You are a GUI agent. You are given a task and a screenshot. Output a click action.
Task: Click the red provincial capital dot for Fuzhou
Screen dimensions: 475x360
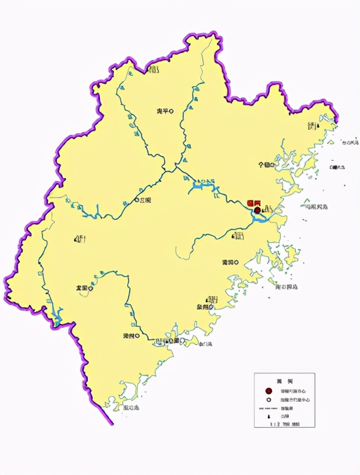point(257,210)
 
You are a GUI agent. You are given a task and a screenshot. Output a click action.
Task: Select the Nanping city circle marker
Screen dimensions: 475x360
point(171,111)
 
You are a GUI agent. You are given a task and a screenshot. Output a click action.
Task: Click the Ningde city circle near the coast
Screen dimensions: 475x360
point(272,164)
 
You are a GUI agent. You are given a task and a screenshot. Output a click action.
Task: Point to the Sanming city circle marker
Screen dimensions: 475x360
point(136,200)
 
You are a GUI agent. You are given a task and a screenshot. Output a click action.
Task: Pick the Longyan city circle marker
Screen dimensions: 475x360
point(90,288)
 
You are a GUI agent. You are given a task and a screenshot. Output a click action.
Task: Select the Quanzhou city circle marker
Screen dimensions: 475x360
point(212,307)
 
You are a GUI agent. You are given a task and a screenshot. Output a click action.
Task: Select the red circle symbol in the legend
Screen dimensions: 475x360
point(268,391)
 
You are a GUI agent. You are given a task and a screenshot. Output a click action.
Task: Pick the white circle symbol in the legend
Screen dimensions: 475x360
point(268,400)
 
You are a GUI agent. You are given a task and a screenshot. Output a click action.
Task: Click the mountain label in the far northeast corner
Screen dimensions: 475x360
point(312,126)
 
